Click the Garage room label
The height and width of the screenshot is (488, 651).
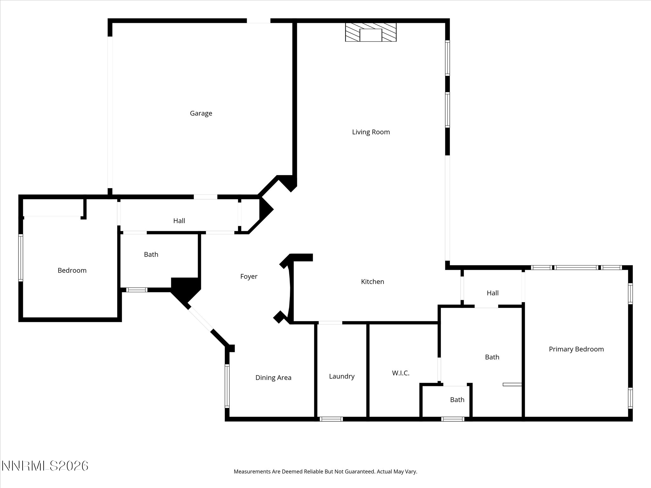201,113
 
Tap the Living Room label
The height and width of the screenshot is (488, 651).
371,132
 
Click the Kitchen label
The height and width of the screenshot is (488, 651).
372,282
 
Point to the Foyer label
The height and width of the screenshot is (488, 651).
249,277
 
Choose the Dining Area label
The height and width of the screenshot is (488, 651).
273,378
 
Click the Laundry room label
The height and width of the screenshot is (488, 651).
341,376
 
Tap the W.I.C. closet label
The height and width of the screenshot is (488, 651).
401,373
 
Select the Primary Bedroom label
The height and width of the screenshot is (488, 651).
576,349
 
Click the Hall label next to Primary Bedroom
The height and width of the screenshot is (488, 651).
492,293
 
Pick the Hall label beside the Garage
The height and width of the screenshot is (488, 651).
179,221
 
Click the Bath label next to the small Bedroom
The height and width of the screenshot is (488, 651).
151,254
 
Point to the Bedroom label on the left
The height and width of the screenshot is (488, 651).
72,271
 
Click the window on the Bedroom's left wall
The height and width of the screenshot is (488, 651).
21,258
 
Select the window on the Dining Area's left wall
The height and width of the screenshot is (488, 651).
227,386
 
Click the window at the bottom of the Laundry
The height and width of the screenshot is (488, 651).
331,419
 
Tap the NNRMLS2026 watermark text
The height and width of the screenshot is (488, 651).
45,466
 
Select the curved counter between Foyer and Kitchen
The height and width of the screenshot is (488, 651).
289,292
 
